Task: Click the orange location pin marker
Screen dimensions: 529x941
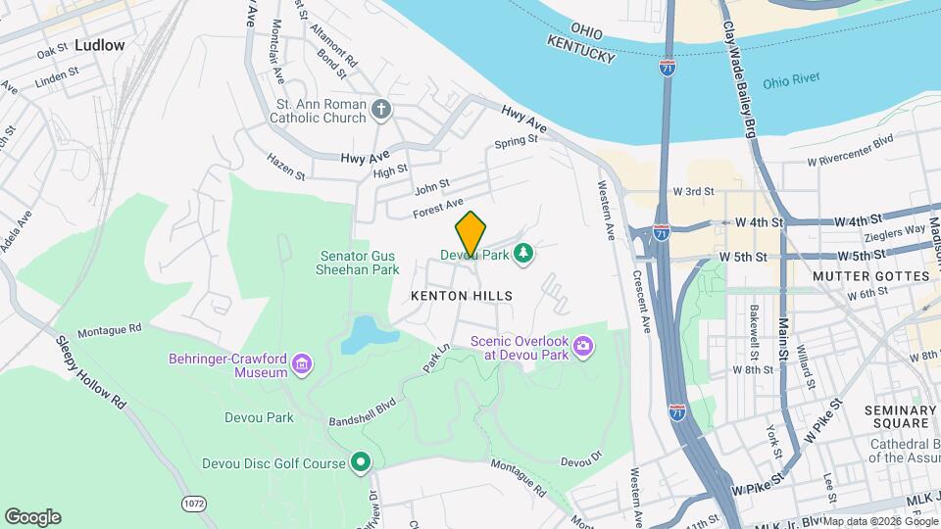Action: pos(471,233)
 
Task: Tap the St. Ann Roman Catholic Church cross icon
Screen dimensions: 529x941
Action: pos(382,109)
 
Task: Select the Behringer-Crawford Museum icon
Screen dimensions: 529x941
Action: pos(303,366)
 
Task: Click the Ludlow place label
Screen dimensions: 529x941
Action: pos(99,45)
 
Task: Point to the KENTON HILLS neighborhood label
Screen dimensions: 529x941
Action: pos(462,295)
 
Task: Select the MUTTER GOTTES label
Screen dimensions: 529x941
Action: pos(871,276)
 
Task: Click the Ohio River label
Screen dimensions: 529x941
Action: pos(789,82)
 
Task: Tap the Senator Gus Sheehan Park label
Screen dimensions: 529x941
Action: pos(360,263)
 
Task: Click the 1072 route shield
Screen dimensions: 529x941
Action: pos(192,503)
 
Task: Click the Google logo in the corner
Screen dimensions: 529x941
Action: pos(32,517)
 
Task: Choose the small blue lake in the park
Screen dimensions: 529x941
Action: pos(364,334)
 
